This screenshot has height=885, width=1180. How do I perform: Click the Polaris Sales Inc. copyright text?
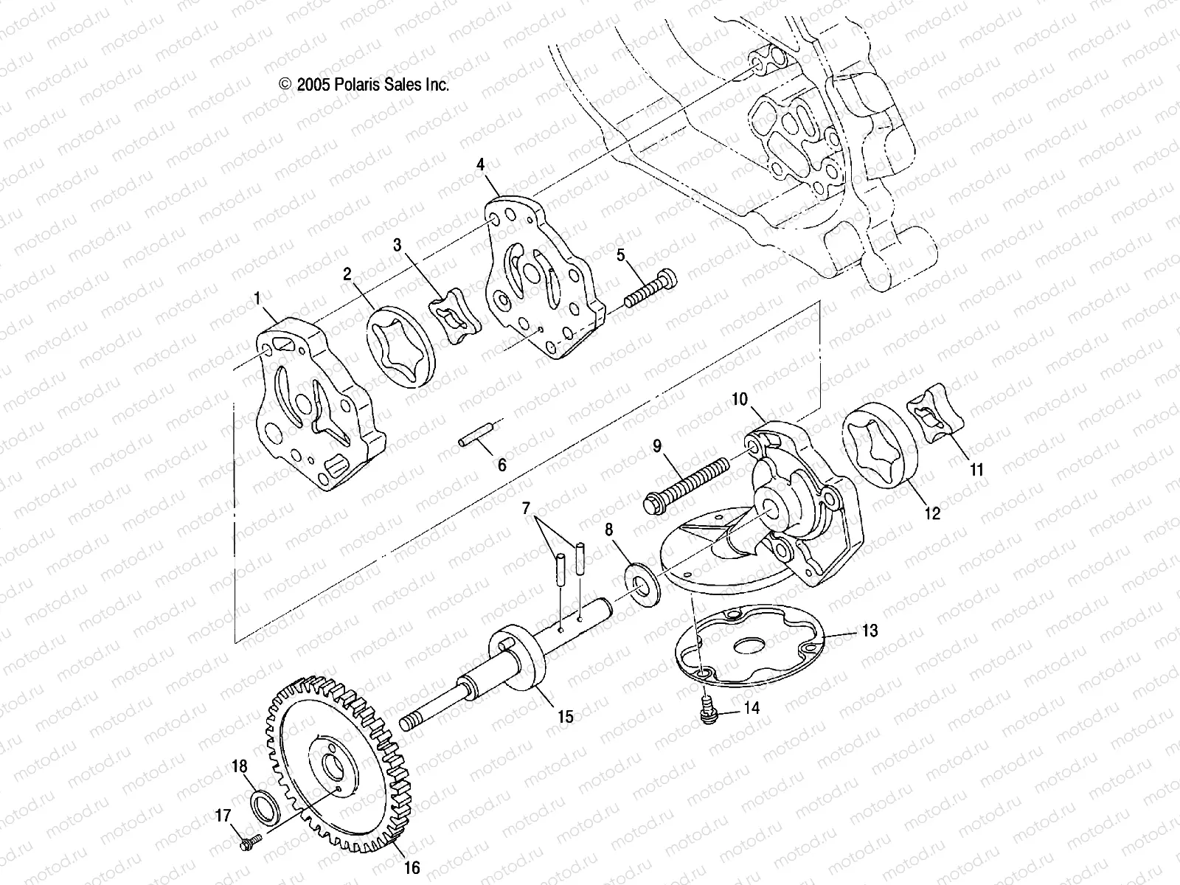tap(364, 85)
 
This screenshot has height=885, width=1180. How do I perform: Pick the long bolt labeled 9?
tap(686, 483)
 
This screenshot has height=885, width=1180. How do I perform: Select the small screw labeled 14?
tap(709, 710)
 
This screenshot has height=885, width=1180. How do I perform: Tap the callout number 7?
tap(526, 507)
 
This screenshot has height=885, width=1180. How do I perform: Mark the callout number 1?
tap(257, 299)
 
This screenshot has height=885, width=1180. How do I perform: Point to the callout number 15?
tap(565, 716)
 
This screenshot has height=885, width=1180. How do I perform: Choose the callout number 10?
tap(740, 399)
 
